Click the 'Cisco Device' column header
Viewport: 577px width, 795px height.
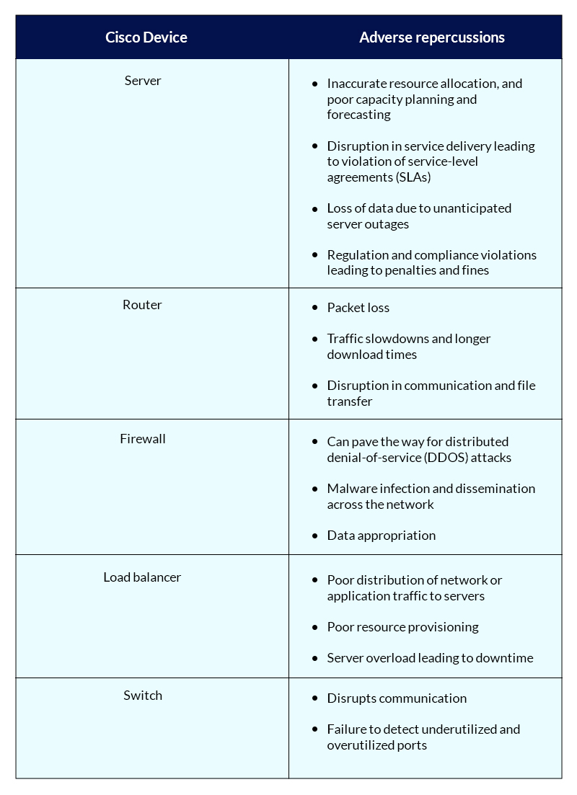pos(146,37)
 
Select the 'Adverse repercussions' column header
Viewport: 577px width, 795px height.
pos(432,37)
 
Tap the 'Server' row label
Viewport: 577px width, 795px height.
pos(143,81)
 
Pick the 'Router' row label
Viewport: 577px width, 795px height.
pos(142,305)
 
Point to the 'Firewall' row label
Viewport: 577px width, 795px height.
pos(143,439)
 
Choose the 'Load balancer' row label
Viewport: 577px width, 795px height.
pos(142,577)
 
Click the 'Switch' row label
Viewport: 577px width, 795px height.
pos(143,696)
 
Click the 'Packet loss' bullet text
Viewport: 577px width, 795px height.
pos(358,308)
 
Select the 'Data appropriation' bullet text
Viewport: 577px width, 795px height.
pos(381,536)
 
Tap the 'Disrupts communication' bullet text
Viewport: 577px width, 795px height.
pos(397,698)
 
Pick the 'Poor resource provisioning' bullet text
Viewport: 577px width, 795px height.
pos(402,627)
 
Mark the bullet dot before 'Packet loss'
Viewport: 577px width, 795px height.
pos(314,308)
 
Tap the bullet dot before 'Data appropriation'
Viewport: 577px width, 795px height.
pos(314,536)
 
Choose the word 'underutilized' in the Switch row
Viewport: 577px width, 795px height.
pos(459,729)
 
